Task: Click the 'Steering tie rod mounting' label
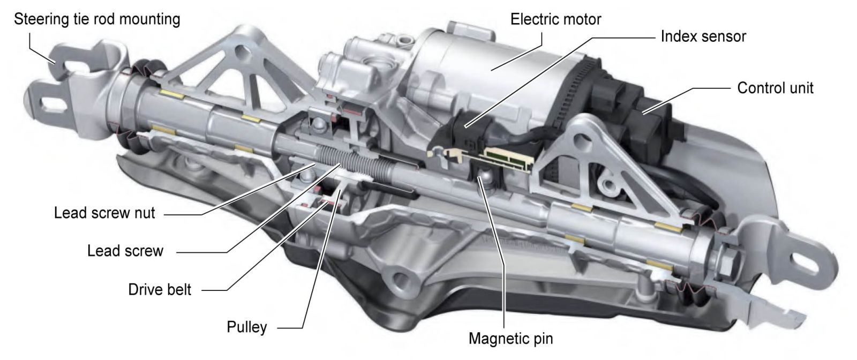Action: point(97,20)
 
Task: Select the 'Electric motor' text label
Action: point(555,20)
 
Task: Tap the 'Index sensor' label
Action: point(703,36)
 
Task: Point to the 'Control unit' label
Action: point(775,88)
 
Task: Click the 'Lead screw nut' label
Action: point(104,213)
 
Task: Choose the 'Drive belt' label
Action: point(160,290)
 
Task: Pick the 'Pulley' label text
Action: point(246,327)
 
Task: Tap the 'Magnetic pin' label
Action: point(510,339)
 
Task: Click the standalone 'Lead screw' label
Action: point(125,251)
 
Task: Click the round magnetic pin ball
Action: point(485,177)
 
